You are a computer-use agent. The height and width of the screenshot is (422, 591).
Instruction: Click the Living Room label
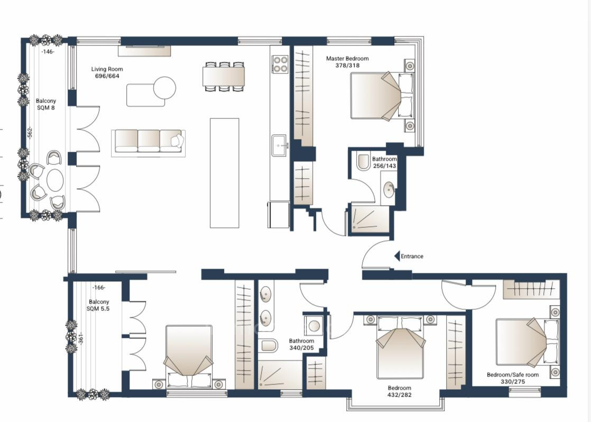107,72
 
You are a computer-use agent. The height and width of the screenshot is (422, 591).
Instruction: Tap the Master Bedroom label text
347,62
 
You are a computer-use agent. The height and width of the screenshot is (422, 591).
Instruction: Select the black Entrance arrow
396,256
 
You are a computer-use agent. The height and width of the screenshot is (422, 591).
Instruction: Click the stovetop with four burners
280,64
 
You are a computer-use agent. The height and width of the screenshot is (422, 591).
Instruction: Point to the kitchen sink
280,145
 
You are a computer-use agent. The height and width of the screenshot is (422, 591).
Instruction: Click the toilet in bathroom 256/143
363,162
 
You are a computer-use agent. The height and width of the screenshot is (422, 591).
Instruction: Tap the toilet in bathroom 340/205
269,346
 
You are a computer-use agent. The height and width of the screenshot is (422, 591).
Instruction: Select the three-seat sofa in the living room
148,141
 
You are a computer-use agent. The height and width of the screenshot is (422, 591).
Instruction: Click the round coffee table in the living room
164,88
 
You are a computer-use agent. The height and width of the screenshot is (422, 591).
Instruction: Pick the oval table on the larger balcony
55,180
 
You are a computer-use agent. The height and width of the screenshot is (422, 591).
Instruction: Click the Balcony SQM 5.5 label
99,305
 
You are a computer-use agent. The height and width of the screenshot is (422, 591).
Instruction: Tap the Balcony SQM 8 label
45,104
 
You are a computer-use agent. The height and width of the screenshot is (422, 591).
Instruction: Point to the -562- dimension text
30,132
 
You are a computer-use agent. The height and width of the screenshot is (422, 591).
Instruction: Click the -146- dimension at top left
48,52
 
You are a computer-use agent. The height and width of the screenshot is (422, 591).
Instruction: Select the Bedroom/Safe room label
512,378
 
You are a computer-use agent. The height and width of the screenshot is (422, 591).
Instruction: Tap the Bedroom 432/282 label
399,391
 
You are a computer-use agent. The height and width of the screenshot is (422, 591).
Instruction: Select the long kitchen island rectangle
224,173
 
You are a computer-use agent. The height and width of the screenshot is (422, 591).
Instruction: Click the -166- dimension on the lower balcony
98,288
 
